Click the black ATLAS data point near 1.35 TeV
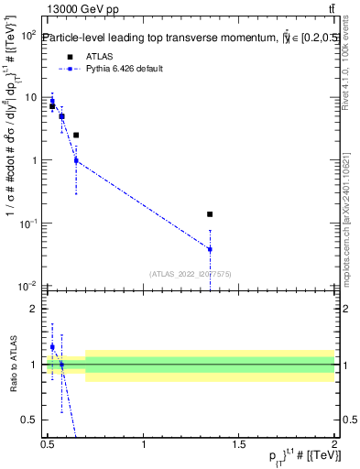tap(211, 214)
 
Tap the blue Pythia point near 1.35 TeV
tap(211, 249)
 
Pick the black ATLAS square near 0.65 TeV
tap(76, 136)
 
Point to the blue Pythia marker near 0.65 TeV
tap(76, 160)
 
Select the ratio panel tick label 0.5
tap(32, 420)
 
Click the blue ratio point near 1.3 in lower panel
tap(52, 347)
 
